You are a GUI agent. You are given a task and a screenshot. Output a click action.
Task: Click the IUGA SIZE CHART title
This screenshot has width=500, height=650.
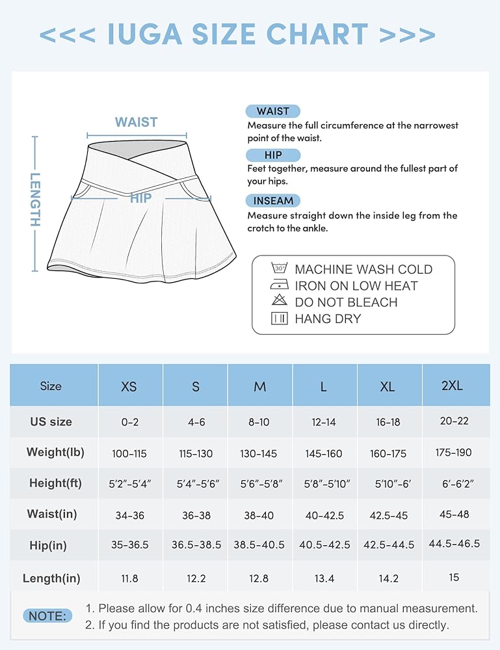(x=237, y=34)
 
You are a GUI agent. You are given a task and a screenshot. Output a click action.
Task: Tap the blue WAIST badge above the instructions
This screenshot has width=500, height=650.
(x=273, y=111)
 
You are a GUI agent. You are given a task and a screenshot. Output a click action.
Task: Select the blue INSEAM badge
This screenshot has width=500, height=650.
(x=273, y=201)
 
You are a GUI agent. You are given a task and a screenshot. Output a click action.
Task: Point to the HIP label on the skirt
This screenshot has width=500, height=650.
(x=140, y=198)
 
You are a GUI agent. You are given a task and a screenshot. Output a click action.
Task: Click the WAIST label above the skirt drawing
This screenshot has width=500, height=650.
(x=136, y=122)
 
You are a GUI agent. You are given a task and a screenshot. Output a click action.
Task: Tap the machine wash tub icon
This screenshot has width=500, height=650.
(x=279, y=268)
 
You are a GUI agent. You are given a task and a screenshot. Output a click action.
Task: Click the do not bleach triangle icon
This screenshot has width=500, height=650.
(x=279, y=301)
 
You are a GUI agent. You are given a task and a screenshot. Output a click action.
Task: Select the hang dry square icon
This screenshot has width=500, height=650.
(x=279, y=318)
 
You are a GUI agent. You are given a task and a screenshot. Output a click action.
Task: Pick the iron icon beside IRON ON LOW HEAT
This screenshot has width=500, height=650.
(x=279, y=285)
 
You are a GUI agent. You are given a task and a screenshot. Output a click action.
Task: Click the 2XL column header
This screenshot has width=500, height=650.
(x=452, y=385)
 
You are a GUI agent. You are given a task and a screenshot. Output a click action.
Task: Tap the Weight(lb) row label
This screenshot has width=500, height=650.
(x=55, y=452)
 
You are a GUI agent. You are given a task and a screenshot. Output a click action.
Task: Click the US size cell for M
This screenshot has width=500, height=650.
(x=259, y=422)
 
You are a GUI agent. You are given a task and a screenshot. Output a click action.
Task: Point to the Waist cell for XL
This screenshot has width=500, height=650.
(x=388, y=514)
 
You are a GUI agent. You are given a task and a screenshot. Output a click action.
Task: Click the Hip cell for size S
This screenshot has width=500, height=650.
(x=196, y=545)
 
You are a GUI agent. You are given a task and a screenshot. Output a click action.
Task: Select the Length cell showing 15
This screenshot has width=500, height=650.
(x=454, y=577)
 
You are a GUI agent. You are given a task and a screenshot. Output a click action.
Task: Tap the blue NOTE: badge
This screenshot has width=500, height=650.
(x=47, y=616)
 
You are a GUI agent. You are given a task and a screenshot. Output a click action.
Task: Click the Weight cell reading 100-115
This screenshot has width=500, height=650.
(x=129, y=452)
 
